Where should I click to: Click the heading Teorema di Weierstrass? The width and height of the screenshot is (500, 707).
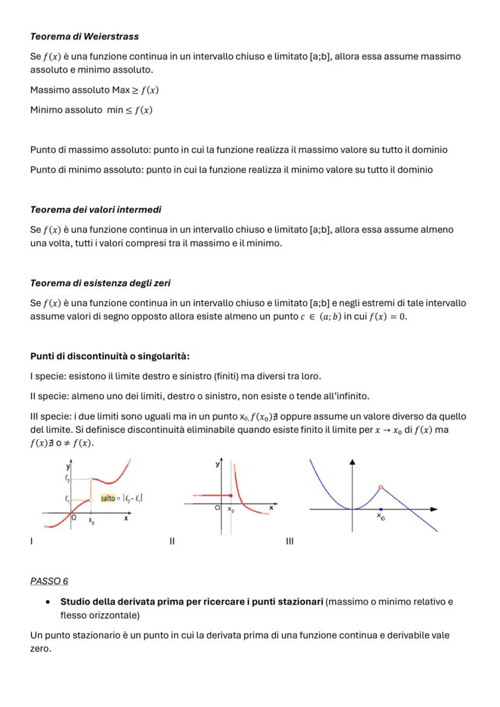(x=84, y=37)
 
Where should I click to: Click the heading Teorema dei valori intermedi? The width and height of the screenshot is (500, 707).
(x=95, y=210)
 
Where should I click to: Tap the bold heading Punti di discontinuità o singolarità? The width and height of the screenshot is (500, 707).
(x=109, y=357)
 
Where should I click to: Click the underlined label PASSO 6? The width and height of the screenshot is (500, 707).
(x=49, y=581)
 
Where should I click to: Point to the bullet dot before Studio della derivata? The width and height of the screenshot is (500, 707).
(x=47, y=602)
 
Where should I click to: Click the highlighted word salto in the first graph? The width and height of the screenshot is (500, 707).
(x=108, y=498)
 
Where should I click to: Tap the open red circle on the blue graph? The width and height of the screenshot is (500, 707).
(x=380, y=487)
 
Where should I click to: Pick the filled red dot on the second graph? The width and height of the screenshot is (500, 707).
(x=231, y=495)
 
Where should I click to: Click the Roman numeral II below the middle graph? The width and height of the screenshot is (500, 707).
(x=171, y=542)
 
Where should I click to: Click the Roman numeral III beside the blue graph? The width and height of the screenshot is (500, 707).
(x=289, y=542)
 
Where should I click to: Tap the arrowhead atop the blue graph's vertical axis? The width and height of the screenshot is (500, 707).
(x=353, y=462)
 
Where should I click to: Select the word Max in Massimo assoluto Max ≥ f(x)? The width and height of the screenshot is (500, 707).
(x=121, y=91)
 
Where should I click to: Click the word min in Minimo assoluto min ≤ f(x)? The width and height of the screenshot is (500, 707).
(x=115, y=110)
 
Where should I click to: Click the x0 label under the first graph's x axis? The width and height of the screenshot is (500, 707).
(x=91, y=520)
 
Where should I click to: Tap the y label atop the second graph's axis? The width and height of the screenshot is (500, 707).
(x=217, y=464)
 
